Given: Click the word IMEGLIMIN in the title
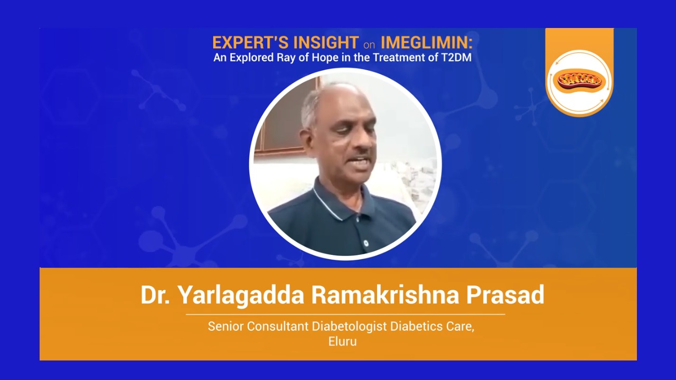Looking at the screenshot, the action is [x=426, y=42].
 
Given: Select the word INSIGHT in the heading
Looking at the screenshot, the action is [x=326, y=42].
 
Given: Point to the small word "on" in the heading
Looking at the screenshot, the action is [x=369, y=45].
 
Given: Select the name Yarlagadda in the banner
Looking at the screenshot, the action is [x=240, y=295].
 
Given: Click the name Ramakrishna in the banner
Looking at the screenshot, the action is [x=385, y=294].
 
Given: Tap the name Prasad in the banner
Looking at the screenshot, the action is [x=505, y=294].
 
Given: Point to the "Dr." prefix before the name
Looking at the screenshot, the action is [x=155, y=294].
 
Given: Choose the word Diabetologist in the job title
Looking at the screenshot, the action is [x=349, y=327].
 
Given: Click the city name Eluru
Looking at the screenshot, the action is [x=343, y=341].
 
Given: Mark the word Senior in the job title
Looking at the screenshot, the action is [x=226, y=326].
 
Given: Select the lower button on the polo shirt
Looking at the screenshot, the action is [x=366, y=243].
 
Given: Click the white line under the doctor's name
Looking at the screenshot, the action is [x=345, y=314].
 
